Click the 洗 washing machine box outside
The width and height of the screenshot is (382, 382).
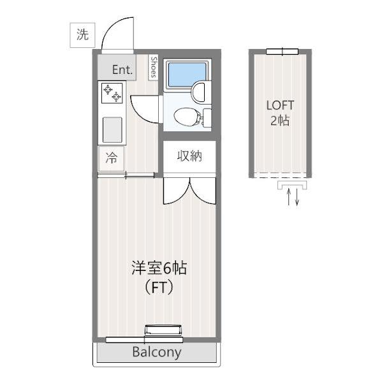(82, 35)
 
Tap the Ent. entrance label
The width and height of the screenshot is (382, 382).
(122, 70)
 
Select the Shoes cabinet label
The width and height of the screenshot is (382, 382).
(154, 67)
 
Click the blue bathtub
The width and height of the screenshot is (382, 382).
(187, 75)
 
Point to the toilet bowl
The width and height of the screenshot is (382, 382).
(187, 117)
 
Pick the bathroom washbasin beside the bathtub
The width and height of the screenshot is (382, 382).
(198, 92)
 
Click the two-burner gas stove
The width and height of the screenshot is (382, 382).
(112, 93)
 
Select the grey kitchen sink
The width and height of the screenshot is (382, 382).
(112, 130)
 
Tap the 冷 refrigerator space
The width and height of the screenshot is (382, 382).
(112, 158)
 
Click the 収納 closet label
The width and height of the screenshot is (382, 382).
(189, 156)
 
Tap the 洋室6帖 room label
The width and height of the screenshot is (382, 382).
(159, 268)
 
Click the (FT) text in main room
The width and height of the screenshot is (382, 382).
(159, 288)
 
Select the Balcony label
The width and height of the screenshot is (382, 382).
(157, 352)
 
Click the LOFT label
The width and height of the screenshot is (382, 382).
(280, 105)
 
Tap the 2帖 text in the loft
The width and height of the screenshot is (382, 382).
(280, 121)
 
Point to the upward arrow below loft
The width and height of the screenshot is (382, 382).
(289, 196)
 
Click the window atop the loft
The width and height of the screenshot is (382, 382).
(282, 52)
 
